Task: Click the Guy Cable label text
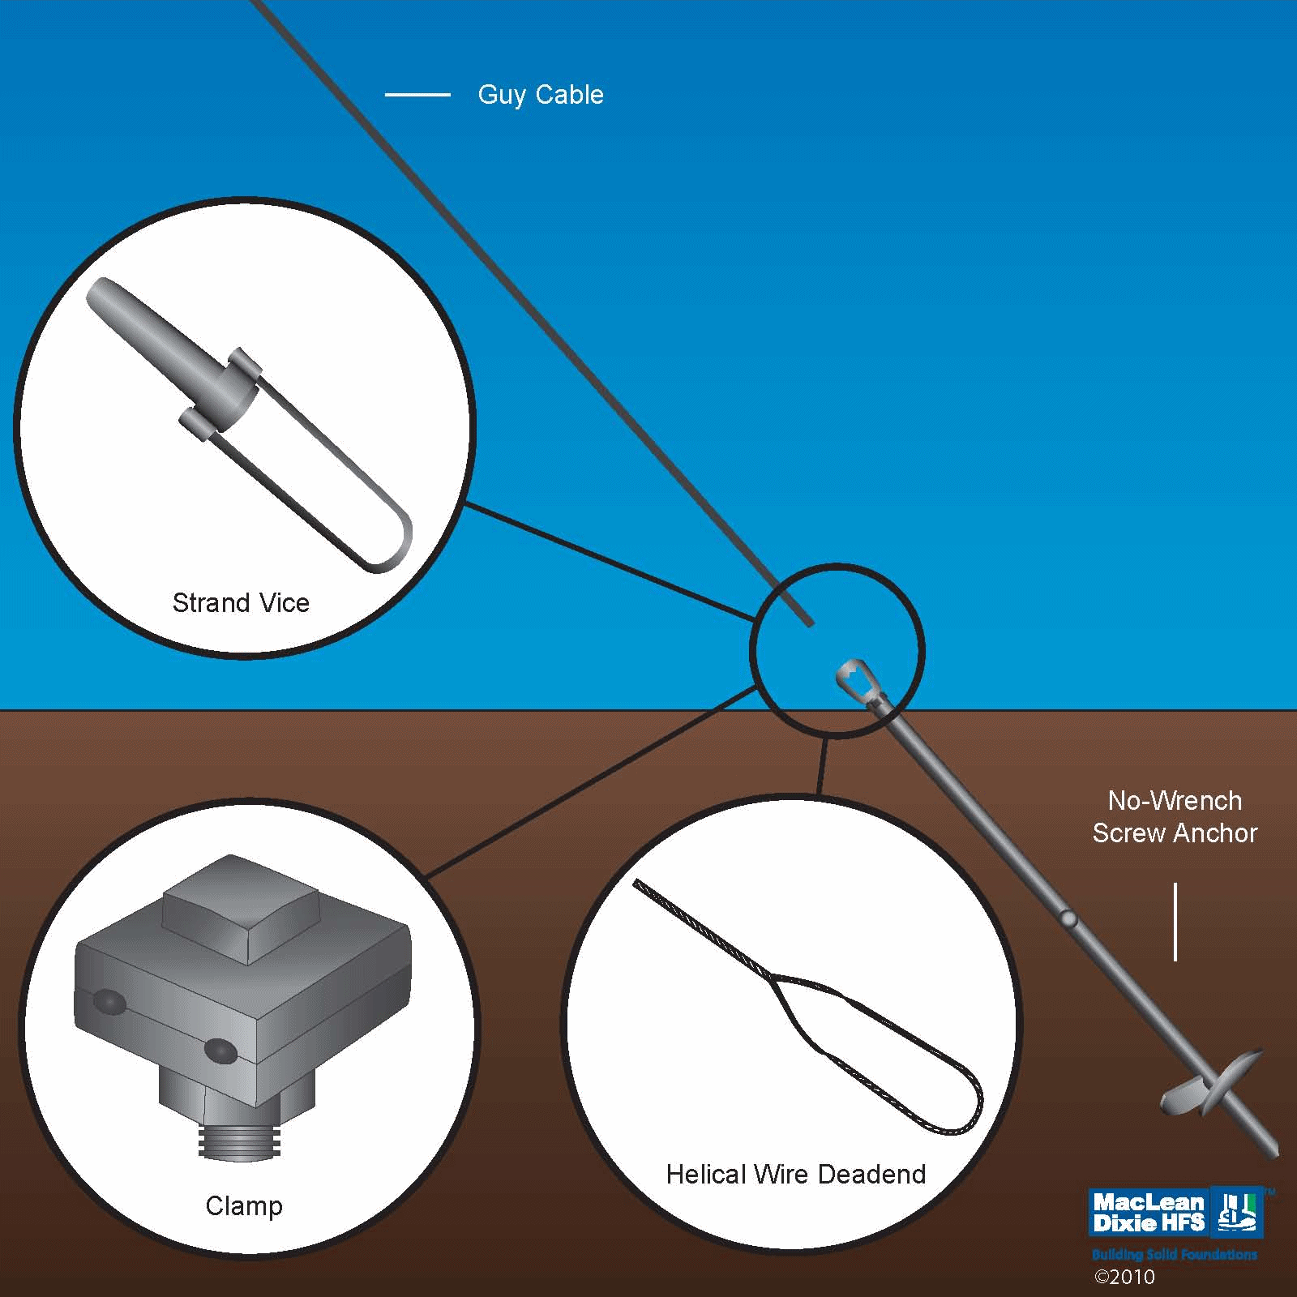(x=541, y=95)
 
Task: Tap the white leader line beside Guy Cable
(x=417, y=95)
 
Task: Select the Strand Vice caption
(x=241, y=603)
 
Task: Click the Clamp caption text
(x=244, y=1206)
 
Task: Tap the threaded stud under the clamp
(x=239, y=1138)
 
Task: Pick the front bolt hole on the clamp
(x=220, y=1052)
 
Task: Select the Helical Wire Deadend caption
(x=796, y=1175)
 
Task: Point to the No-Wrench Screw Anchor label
(x=1175, y=817)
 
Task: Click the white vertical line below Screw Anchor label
(x=1175, y=922)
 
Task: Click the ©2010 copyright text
(x=1124, y=1278)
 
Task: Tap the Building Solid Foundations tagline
(x=1174, y=1255)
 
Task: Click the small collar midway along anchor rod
(x=1068, y=918)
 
